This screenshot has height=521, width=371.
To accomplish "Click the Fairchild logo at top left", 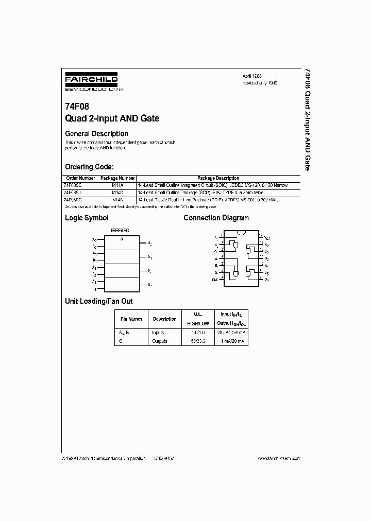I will [x=91, y=82].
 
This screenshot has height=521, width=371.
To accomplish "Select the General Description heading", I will [x=96, y=134].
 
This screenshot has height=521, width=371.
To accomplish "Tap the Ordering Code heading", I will [x=89, y=167].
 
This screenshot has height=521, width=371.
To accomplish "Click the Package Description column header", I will [x=218, y=178].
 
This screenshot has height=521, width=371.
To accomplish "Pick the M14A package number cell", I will [x=117, y=184].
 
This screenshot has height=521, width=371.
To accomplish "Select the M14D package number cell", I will [x=117, y=192].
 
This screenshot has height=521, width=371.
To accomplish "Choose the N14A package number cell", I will [x=117, y=199].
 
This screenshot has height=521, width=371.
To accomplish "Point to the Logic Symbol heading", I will [x=87, y=218].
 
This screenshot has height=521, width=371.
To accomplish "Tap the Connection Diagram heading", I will [x=216, y=218].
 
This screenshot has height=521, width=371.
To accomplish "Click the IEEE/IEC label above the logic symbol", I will [x=121, y=231].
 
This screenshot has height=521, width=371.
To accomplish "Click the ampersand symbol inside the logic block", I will [x=122, y=239].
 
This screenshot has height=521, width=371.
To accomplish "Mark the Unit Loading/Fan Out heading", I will [x=98, y=301].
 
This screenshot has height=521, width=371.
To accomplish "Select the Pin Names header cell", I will [x=131, y=319].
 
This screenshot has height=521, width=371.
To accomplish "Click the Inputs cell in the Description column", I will [x=158, y=333].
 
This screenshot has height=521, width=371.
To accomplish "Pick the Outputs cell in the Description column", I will [x=159, y=341].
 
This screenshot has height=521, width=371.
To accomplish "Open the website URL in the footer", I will [x=278, y=458].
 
